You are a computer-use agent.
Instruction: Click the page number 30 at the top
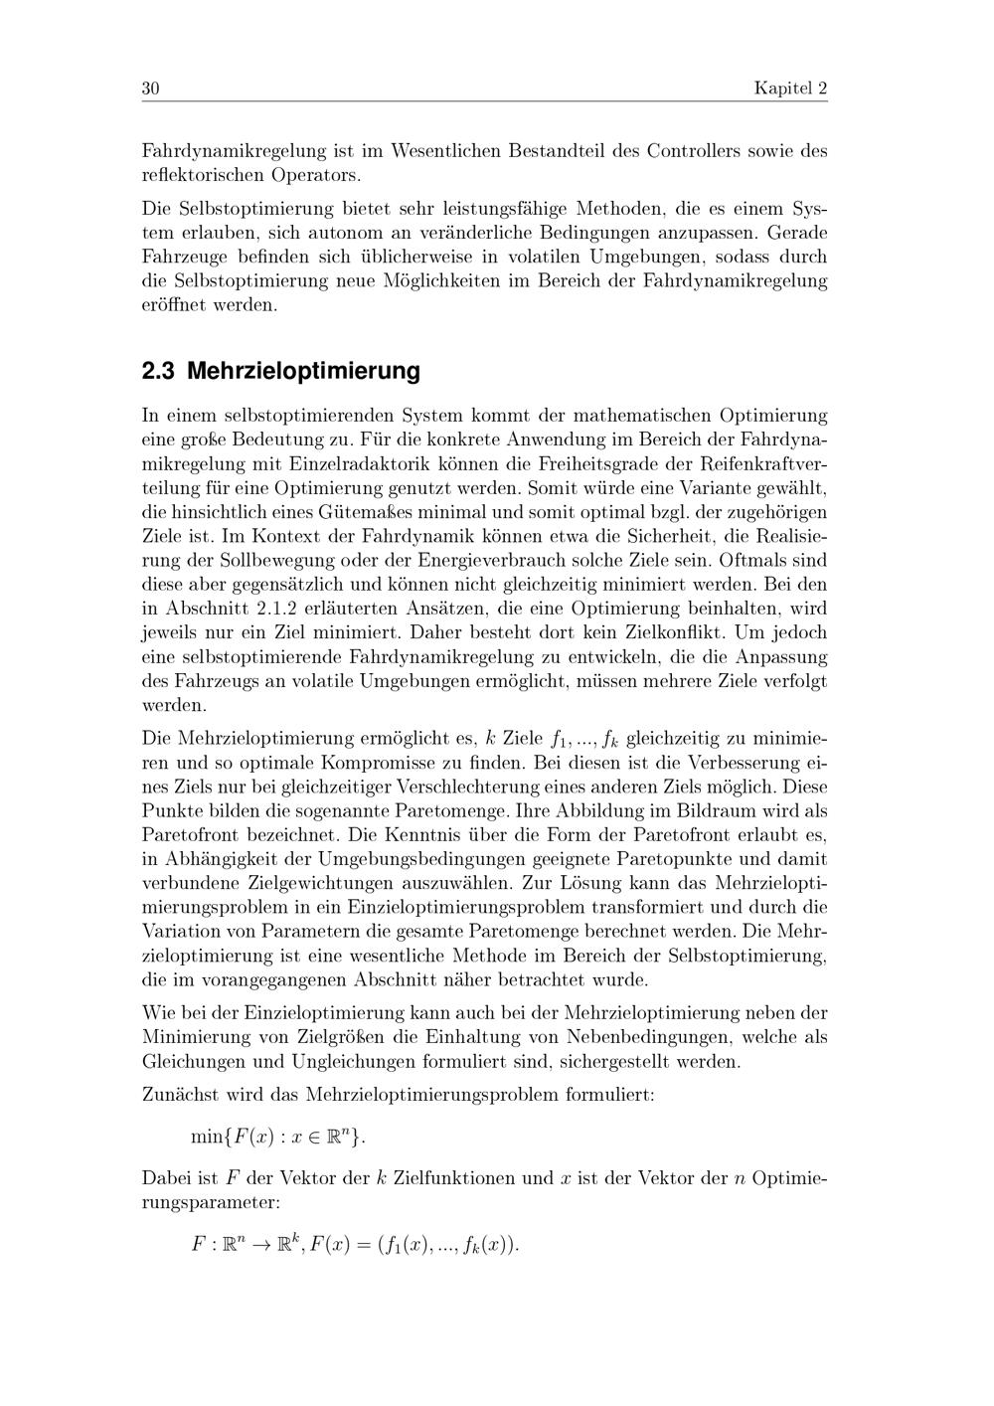pyautogui.click(x=151, y=88)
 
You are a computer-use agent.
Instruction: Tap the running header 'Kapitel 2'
pyautogui.click(x=790, y=88)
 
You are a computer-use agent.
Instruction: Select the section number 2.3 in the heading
pyautogui.click(x=158, y=372)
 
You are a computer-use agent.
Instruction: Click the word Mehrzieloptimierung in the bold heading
pyautogui.click(x=303, y=372)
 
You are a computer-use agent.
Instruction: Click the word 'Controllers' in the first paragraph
pyautogui.click(x=698, y=152)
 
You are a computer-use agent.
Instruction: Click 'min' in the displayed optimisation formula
pyautogui.click(x=207, y=1137)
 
